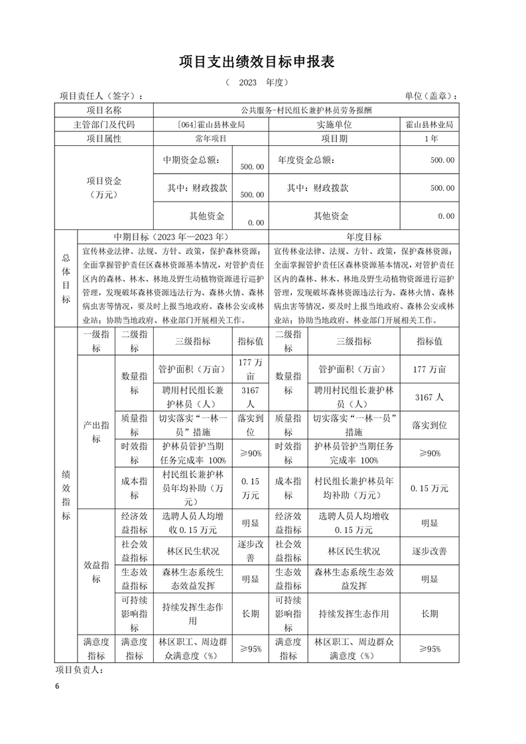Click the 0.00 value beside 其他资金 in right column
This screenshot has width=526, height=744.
point(445,216)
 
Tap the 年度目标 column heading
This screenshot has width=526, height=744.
point(363,237)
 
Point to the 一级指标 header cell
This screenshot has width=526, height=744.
point(96,341)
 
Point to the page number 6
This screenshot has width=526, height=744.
point(58,686)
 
